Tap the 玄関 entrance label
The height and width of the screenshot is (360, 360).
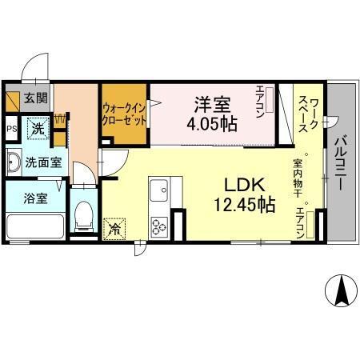[34, 99]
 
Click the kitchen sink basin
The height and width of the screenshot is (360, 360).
[157, 192]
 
